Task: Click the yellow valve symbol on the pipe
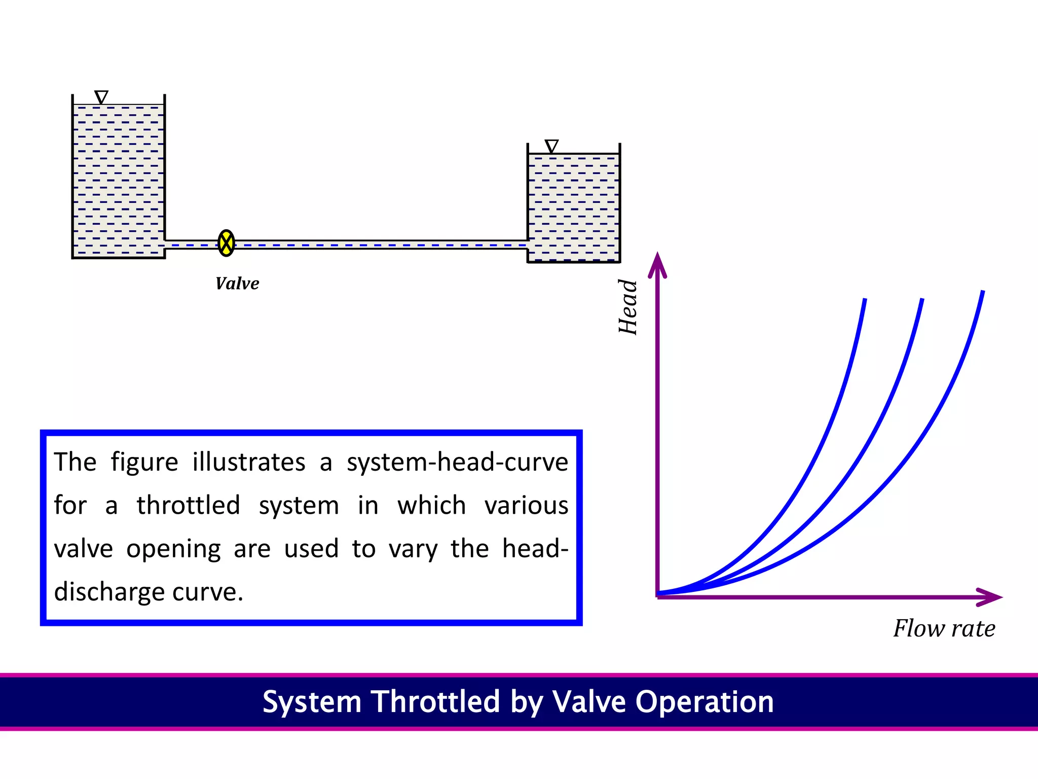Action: tap(226, 243)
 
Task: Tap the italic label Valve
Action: tap(237, 284)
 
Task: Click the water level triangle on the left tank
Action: tap(101, 97)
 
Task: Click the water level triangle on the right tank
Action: tap(551, 146)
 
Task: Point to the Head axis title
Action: tap(628, 307)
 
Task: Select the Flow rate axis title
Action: tap(944, 628)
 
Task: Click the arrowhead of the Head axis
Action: tap(657, 264)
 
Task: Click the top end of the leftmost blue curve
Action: tap(865, 301)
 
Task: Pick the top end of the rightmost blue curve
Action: tap(983, 293)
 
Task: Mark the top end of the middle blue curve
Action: tap(922, 301)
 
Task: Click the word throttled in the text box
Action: tap(189, 505)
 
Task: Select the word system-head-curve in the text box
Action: tap(457, 462)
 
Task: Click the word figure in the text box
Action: tap(144, 463)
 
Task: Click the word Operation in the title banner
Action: tap(705, 702)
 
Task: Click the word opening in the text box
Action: tap(173, 549)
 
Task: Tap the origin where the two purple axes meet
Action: tap(657, 596)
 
